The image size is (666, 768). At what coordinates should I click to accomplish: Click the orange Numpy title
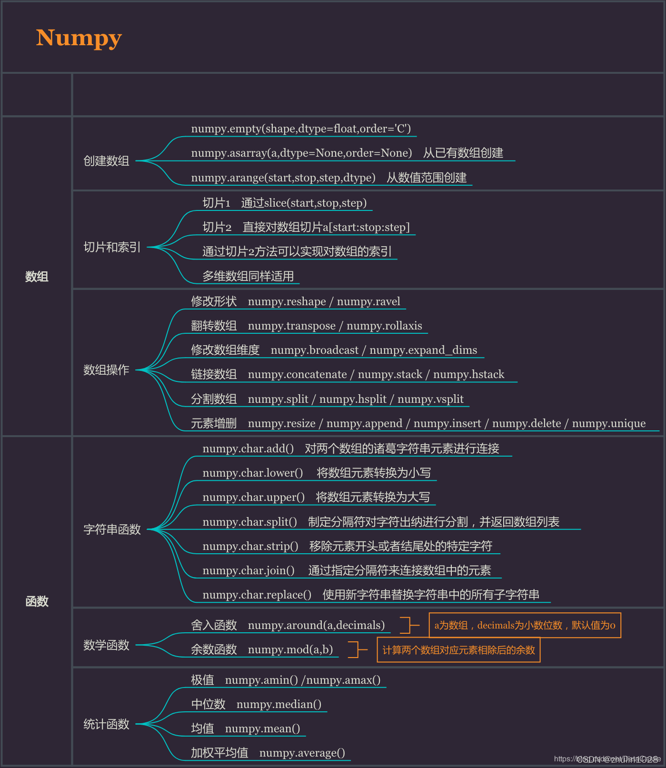[x=79, y=38]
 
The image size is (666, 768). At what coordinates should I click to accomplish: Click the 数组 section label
[x=37, y=277]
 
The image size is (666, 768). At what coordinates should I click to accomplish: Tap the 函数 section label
[x=37, y=601]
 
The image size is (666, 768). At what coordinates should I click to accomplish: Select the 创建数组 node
[x=106, y=161]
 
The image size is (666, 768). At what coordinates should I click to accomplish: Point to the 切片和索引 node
[x=112, y=247]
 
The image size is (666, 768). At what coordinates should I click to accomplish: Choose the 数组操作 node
[x=106, y=370]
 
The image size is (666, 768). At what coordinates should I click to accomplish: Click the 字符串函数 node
[x=112, y=529]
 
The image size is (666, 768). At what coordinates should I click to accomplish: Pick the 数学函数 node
[x=106, y=645]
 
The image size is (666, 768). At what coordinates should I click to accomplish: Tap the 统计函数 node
[x=106, y=724]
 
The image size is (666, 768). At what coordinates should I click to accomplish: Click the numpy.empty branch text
[x=301, y=129]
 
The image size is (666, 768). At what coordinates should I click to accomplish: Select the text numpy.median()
[x=279, y=704]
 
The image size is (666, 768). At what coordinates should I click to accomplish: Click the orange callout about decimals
[x=525, y=625]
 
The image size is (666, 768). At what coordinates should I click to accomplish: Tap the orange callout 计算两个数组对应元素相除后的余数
[x=458, y=650]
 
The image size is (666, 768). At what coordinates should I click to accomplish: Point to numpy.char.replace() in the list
[x=257, y=595]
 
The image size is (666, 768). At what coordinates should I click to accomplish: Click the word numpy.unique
[x=609, y=423]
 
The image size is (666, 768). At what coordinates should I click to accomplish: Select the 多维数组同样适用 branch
[x=248, y=276]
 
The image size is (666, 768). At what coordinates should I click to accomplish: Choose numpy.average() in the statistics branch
[x=302, y=753]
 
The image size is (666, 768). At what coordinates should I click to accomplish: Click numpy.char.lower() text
[x=253, y=473]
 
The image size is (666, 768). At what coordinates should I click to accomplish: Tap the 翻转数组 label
[x=214, y=326]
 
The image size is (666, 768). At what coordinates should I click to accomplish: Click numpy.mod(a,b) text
[x=290, y=649]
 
